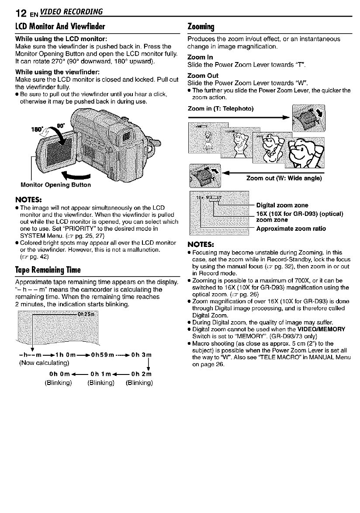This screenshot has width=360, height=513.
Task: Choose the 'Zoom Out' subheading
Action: (202, 76)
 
